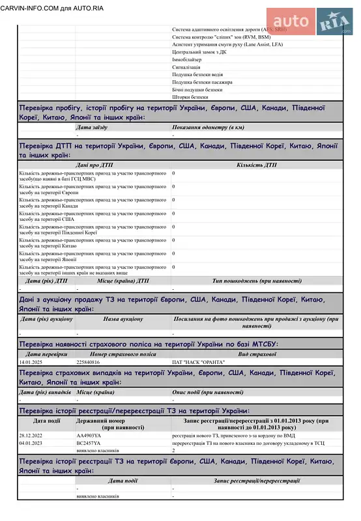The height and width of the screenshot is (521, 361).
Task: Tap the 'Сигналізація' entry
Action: pyautogui.click(x=186, y=67)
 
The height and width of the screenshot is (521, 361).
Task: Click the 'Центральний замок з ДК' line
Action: pyautogui.click(x=199, y=51)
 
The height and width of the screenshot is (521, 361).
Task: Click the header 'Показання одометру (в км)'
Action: pyautogui.click(x=209, y=128)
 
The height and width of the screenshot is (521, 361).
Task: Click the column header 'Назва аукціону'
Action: pyautogui.click(x=123, y=319)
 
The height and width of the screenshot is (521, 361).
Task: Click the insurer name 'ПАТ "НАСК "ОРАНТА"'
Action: pyautogui.click(x=198, y=361)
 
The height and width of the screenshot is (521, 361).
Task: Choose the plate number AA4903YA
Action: pyautogui.click(x=89, y=435)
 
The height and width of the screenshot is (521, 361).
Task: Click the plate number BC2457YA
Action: pyautogui.click(x=89, y=443)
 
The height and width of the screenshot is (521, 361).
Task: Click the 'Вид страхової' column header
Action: pyautogui.click(x=257, y=354)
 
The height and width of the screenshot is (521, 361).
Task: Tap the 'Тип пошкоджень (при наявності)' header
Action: pyautogui.click(x=257, y=281)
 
